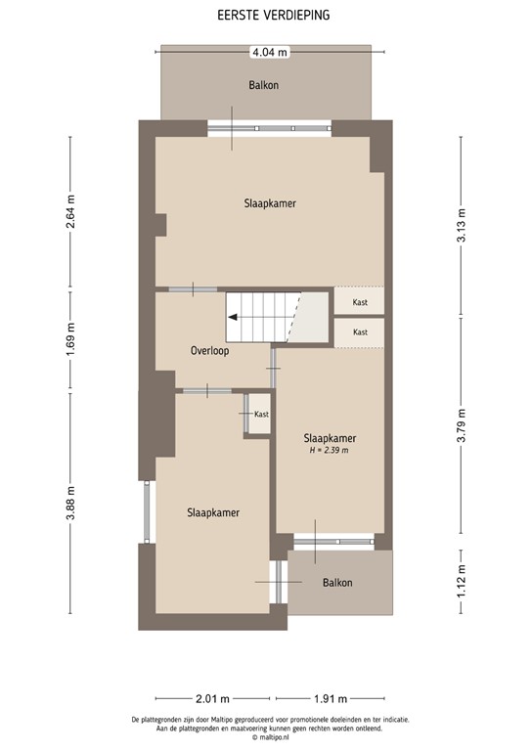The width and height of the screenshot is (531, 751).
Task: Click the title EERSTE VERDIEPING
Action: tap(266, 16)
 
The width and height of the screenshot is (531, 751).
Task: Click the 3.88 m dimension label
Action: tap(70, 504)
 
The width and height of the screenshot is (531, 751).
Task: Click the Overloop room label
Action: tap(209, 350)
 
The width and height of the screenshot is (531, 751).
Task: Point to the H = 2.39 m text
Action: tap(329, 451)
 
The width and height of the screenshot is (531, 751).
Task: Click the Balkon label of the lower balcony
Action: tap(336, 583)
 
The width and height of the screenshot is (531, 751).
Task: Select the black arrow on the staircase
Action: tap(235, 317)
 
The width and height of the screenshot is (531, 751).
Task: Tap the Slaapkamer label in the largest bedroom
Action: tap(270, 203)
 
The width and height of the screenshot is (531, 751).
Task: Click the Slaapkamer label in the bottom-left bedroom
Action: tap(213, 512)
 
